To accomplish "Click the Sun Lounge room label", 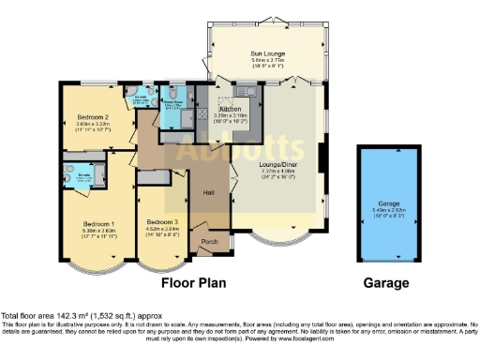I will pos(268,54).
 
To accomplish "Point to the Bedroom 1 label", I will pos(97,224).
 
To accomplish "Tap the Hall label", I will pos(209,193).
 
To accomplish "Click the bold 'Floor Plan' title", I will pos(196,282).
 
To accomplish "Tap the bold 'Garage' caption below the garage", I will pos(385,282).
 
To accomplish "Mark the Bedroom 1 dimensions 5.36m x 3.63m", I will pos(97,232).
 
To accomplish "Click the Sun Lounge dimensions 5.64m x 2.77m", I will pos(268,62).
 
